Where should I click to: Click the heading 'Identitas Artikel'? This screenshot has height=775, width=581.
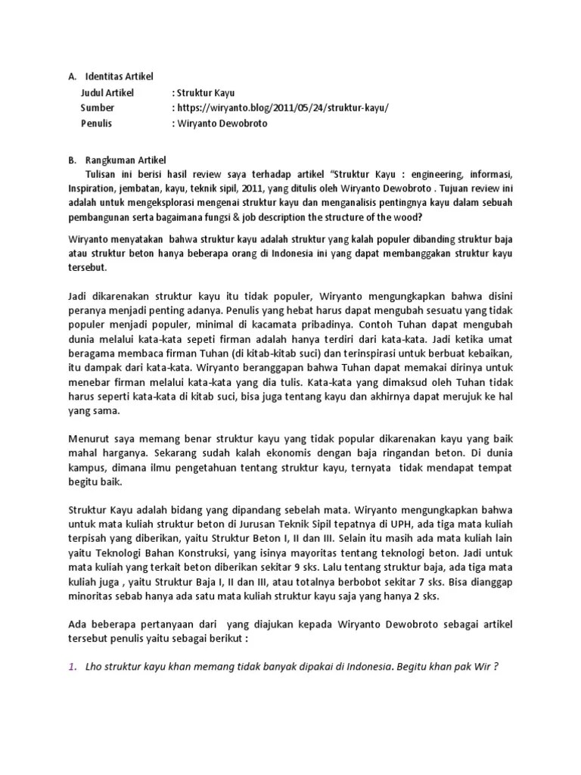[x=119, y=76]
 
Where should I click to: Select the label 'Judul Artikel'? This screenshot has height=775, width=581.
[x=107, y=92]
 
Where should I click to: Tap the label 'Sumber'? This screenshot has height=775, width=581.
[x=98, y=107]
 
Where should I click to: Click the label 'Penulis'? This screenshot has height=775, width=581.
[x=98, y=123]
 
